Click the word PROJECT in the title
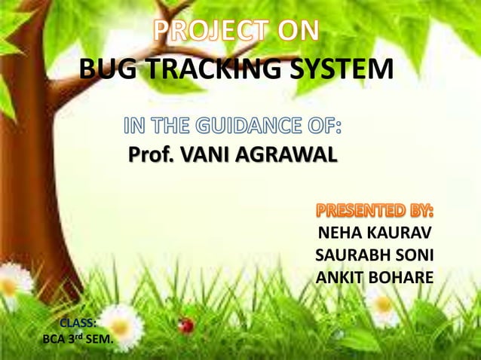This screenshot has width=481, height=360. [210, 31]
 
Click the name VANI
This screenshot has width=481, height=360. [208, 156]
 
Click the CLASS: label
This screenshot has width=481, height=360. [77, 325]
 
